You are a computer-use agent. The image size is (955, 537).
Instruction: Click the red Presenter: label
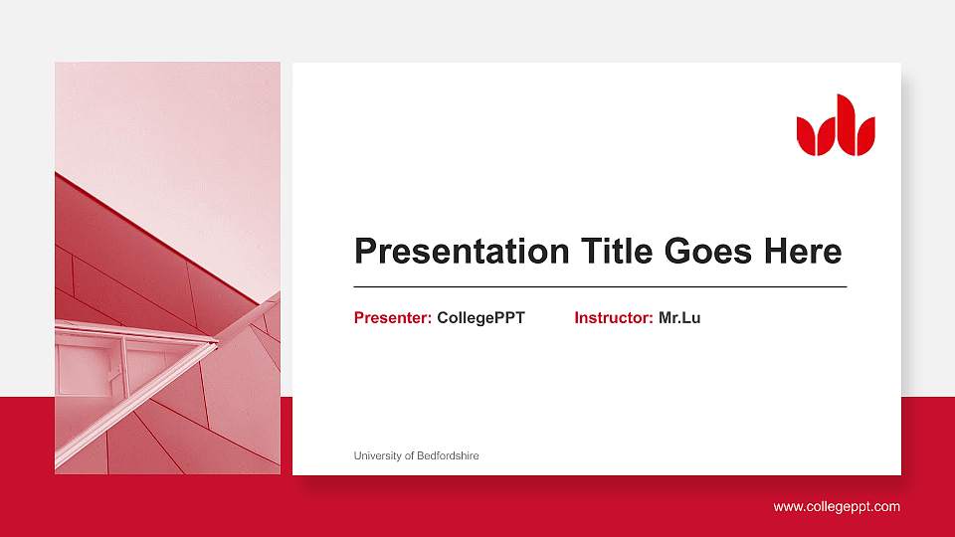click(393, 318)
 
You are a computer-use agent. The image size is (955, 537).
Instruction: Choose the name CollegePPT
click(480, 318)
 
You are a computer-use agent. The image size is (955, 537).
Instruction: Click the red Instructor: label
click(614, 318)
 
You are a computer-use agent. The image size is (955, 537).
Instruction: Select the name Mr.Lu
click(679, 318)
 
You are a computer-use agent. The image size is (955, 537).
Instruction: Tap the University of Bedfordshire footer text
click(416, 455)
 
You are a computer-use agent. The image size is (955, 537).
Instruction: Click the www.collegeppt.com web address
click(837, 506)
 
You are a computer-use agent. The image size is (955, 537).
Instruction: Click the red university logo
click(836, 126)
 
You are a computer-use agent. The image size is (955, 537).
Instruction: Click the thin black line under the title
click(600, 286)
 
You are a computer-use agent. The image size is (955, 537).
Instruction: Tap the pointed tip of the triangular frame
click(216, 343)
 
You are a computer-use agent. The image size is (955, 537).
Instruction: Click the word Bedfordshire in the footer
click(447, 455)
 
